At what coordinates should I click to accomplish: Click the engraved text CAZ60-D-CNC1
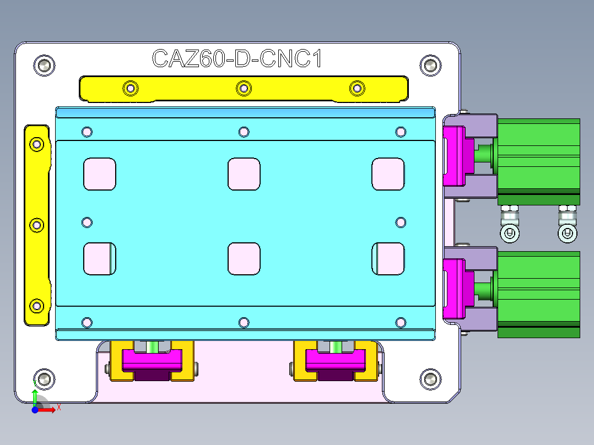(237, 59)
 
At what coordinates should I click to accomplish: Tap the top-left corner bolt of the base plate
(44, 65)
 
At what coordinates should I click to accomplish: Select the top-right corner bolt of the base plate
(430, 65)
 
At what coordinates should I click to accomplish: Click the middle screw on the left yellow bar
(37, 225)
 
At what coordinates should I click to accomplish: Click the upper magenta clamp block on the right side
(456, 156)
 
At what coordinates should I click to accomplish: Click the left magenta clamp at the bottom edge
(152, 360)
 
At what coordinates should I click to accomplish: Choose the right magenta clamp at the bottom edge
(336, 360)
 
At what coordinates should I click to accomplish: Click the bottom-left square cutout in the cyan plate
(100, 258)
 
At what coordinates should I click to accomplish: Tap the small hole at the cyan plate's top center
(244, 132)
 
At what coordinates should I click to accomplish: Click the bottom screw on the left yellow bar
(37, 306)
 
